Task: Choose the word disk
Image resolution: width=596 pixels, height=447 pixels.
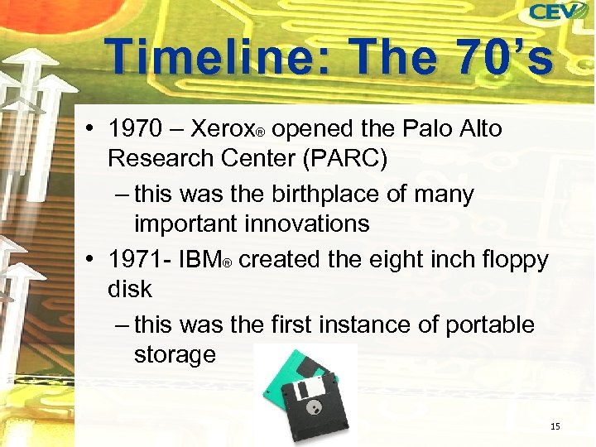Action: tap(130, 289)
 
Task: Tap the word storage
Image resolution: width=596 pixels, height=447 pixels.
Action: tap(175, 354)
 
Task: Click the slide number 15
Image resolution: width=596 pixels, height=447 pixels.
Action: tap(555, 426)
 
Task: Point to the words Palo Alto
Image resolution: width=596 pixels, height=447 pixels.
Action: tap(451, 129)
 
